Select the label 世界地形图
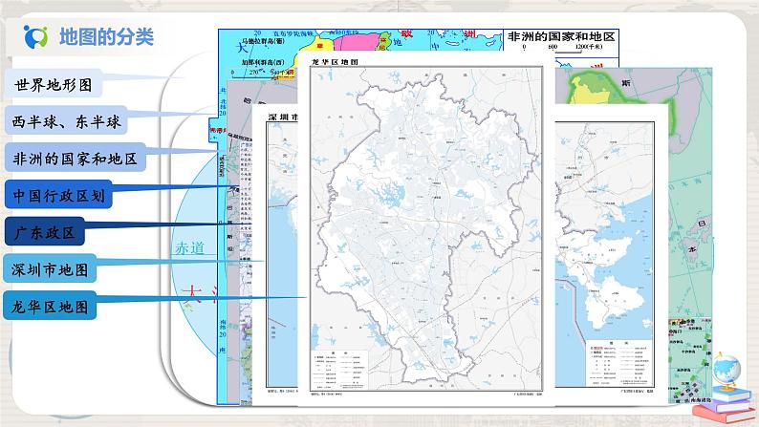pos(53,84)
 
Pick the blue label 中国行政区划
pos(65,196)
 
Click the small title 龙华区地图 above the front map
pos(335,61)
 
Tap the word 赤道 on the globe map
pos(189,247)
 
